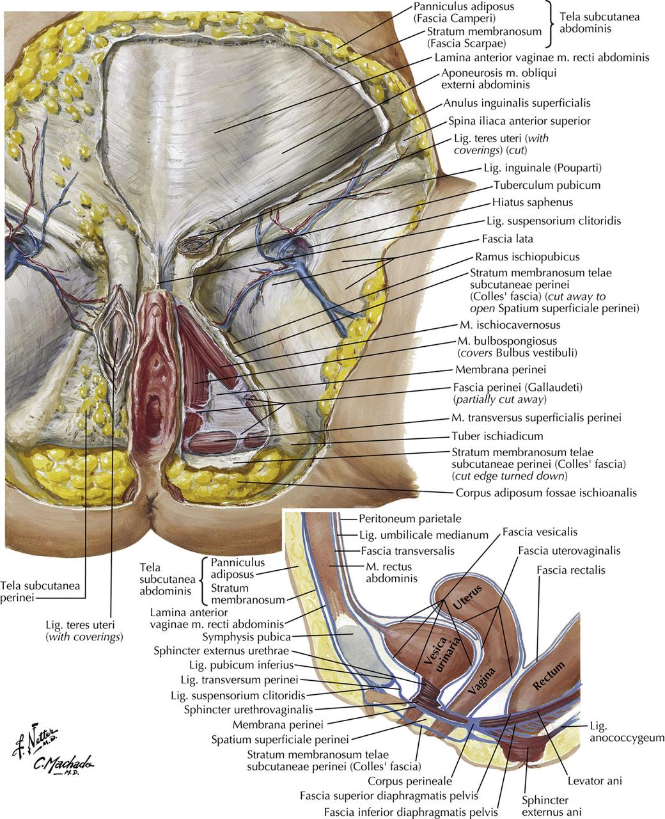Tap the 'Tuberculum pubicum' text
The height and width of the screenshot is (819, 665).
point(547,186)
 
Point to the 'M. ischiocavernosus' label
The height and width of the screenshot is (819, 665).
point(510,325)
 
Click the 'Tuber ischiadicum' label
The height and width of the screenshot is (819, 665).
point(497,436)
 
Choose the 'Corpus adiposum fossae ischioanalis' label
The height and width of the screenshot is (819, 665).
point(546,493)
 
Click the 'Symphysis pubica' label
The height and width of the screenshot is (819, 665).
point(246,637)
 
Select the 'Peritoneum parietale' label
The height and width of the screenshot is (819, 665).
point(410,519)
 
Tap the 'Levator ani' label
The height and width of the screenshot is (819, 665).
point(595,781)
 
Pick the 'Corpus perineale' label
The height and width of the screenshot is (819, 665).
point(410,781)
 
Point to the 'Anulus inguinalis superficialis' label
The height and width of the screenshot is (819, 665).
point(516,102)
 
